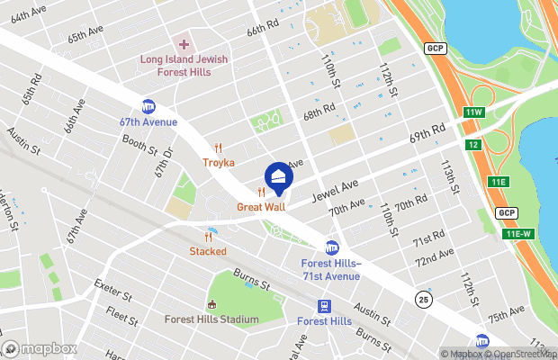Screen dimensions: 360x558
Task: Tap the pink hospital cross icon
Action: coord(184,44)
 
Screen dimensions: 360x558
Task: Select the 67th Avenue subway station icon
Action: coord(148,107)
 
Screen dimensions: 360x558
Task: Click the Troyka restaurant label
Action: coord(218,163)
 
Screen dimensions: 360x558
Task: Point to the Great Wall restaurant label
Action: coord(260,207)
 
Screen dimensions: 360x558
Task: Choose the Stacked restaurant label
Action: coord(208,251)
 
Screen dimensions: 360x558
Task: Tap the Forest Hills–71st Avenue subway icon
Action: coord(332,247)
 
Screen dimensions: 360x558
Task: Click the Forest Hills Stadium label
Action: coord(211,319)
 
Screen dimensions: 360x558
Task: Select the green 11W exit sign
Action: coord(474,112)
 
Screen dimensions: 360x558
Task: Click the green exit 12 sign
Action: coord(473,145)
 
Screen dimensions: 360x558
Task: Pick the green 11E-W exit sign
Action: coord(518,234)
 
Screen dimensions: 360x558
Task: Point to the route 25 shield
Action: coord(423,298)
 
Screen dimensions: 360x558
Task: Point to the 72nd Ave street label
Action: coord(434,261)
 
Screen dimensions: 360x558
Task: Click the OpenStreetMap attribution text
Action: coord(521,354)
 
